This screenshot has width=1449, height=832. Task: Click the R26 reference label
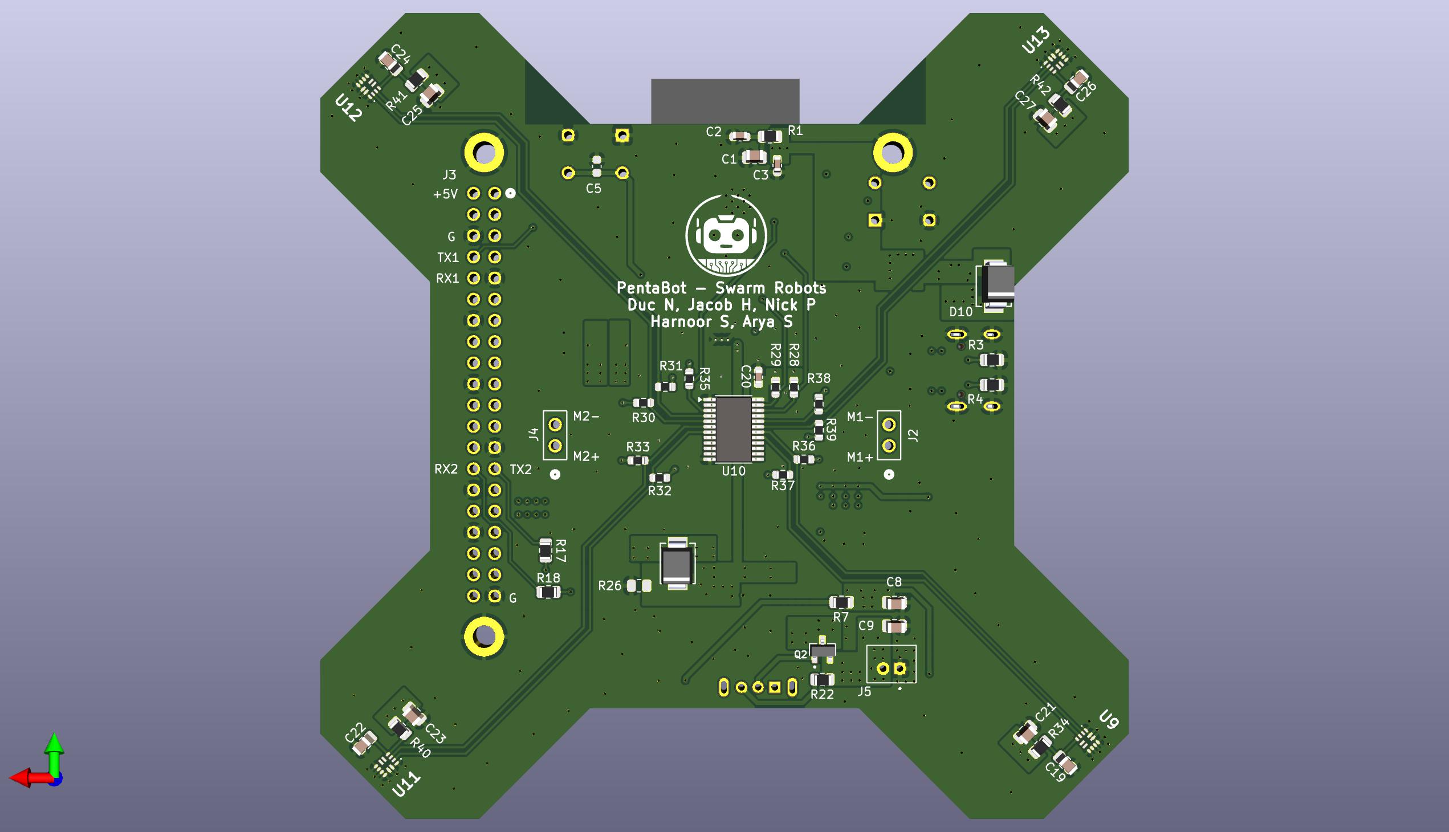click(609, 586)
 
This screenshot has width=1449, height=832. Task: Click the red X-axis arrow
click(26, 778)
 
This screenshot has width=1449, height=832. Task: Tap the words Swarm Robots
click(770, 288)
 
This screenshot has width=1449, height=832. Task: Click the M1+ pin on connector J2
click(888, 446)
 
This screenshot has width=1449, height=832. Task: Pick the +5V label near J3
click(445, 194)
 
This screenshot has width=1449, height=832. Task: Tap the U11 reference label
click(406, 785)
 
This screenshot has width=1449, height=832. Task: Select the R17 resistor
click(546, 552)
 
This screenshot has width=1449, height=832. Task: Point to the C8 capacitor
click(894, 603)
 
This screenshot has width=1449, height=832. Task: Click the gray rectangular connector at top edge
click(725, 101)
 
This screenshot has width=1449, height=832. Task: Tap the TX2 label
click(521, 470)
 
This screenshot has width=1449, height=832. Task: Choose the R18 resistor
click(548, 593)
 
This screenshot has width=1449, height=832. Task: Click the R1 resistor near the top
click(770, 137)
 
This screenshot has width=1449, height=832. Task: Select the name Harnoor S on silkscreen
click(689, 322)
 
